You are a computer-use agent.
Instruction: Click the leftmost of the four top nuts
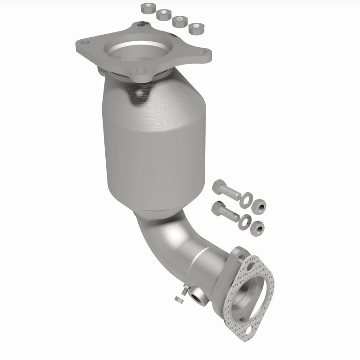pyautogui.click(x=147, y=8)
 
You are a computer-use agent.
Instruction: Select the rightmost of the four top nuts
pyautogui.click(x=195, y=29)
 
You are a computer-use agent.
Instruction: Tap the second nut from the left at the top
pyautogui.click(x=162, y=15)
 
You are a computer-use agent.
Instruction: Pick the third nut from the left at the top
pyautogui.click(x=179, y=21)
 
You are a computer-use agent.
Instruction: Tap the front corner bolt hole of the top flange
pyautogui.click(x=142, y=71)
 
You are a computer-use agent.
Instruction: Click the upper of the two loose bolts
pyautogui.click(x=227, y=191)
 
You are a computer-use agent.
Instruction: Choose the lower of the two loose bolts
pyautogui.click(x=225, y=211)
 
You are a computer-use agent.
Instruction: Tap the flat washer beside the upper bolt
pyautogui.click(x=247, y=198)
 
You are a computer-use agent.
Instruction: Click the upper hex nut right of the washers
pyautogui.click(x=260, y=206)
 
